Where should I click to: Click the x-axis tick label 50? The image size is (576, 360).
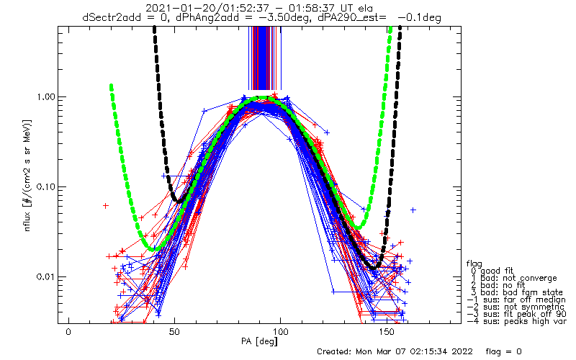tap(175, 331)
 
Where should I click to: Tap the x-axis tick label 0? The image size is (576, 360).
tap(69, 331)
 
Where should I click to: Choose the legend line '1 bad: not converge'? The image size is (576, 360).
tap(508, 278)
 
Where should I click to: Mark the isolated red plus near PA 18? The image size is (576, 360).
tap(105, 206)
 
